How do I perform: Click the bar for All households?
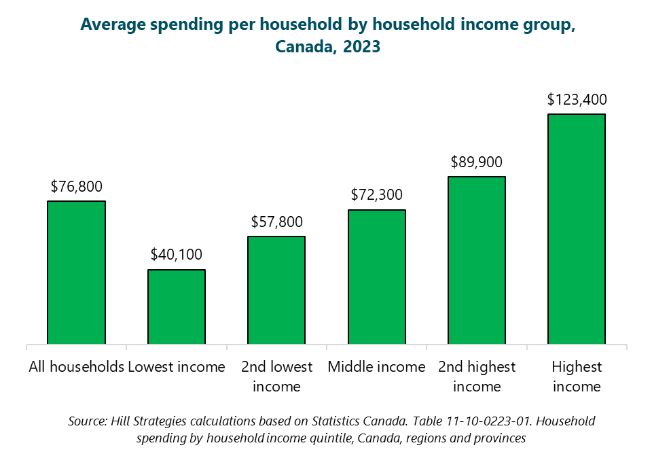click(76, 273)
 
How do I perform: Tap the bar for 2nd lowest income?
click(276, 290)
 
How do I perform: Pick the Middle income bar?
click(377, 277)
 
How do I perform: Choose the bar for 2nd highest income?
click(477, 260)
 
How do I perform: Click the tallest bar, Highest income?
click(577, 229)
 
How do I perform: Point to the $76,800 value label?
click(76, 186)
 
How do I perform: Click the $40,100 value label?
click(177, 255)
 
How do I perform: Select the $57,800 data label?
click(276, 222)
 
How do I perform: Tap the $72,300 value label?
click(377, 195)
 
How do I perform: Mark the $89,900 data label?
click(477, 162)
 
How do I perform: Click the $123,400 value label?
click(577, 99)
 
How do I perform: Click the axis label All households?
click(76, 367)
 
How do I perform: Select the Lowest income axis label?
click(177, 367)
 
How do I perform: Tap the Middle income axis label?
click(377, 367)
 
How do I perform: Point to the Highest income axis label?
click(577, 376)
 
